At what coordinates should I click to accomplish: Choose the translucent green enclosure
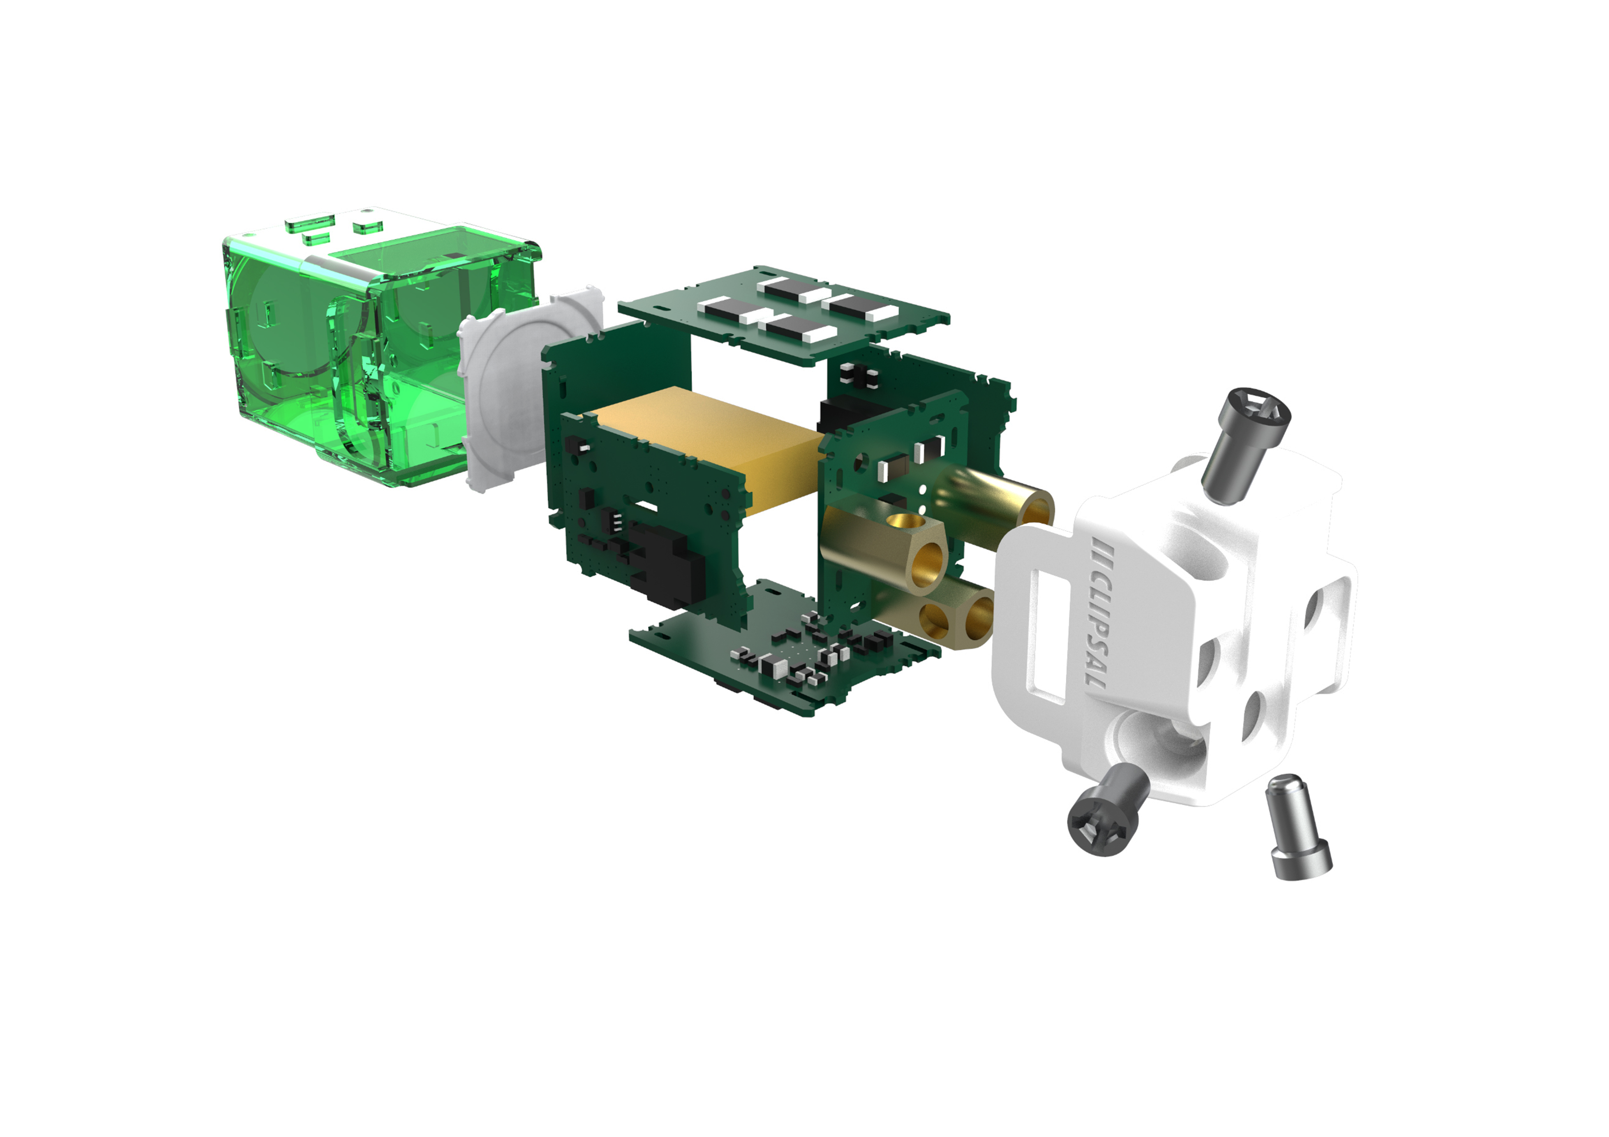(372, 350)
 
